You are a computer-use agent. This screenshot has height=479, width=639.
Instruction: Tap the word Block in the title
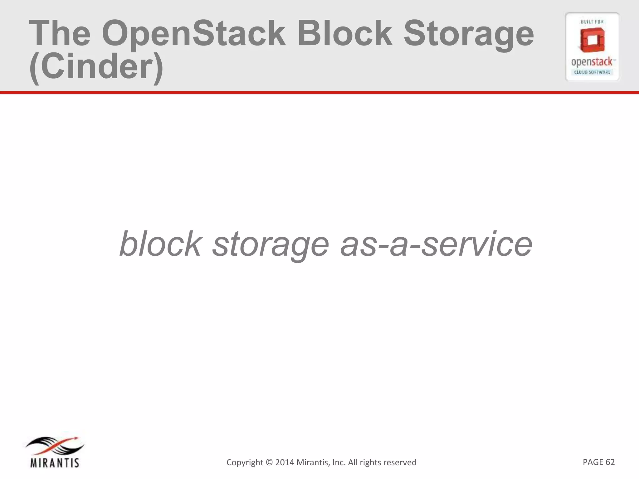click(x=344, y=33)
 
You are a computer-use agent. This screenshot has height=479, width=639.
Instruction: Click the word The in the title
click(x=60, y=34)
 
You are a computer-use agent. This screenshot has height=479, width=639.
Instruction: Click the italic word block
click(x=160, y=244)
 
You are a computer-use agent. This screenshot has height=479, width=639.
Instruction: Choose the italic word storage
click(x=271, y=245)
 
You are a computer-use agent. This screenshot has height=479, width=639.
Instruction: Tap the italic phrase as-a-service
click(x=436, y=244)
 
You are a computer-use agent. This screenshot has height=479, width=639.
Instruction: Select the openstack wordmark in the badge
click(x=592, y=62)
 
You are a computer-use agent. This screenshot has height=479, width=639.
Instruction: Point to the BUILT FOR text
click(x=592, y=22)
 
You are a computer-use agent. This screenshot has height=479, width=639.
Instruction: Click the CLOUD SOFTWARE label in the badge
click(x=592, y=72)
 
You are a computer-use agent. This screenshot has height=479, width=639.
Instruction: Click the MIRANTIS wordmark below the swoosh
click(x=55, y=463)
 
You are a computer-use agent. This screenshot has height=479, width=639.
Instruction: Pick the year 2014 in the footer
click(x=284, y=462)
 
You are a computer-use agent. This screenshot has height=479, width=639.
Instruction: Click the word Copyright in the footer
click(x=245, y=462)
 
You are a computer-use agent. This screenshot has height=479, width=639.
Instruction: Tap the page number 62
click(x=610, y=462)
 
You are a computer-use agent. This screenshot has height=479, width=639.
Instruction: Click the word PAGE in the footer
click(x=593, y=462)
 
